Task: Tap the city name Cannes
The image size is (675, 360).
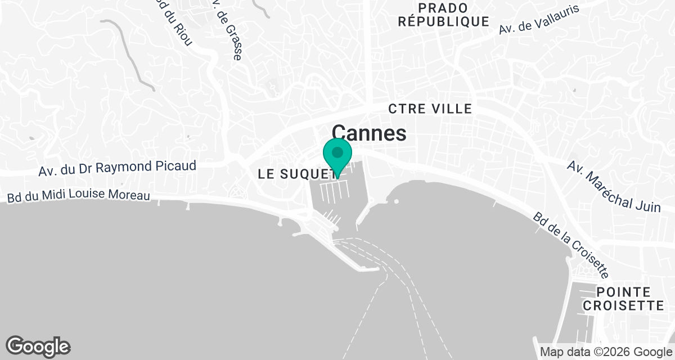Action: (x=369, y=133)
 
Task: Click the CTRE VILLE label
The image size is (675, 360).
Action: (x=430, y=109)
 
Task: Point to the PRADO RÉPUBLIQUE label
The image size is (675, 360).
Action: (x=443, y=15)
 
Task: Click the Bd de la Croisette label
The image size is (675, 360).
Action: (x=571, y=245)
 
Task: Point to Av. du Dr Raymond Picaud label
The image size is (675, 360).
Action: (x=118, y=167)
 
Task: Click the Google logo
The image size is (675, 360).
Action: (x=38, y=346)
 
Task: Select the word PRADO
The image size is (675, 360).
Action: (x=443, y=8)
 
